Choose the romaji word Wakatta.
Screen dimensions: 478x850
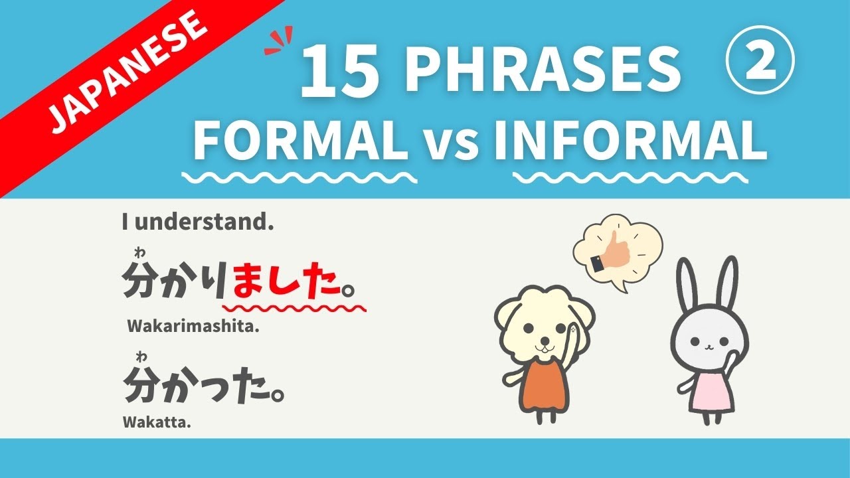pos(157,422)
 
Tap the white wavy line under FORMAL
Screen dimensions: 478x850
pos(299,178)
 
